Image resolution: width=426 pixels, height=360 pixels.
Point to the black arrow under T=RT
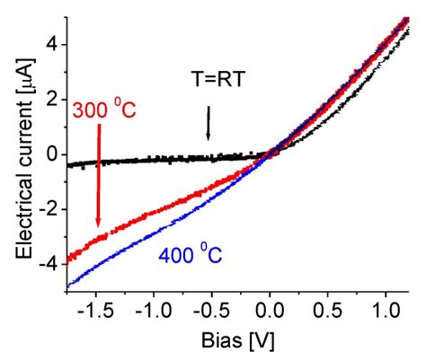tap(209, 124)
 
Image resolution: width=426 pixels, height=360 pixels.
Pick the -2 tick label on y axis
tap(51, 209)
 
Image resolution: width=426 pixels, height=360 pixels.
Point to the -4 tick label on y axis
tap(51, 265)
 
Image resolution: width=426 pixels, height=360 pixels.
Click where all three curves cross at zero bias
tap(271, 154)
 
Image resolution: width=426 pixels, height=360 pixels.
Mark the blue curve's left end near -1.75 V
tap(69, 286)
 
